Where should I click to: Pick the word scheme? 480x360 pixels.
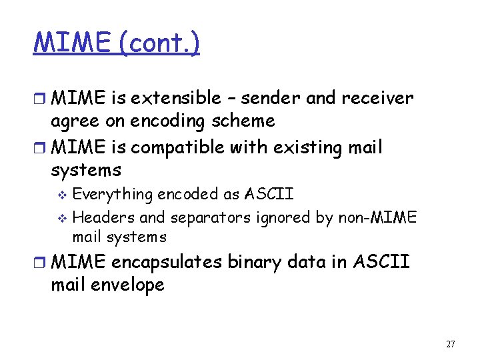243,121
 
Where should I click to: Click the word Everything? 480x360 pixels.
113,195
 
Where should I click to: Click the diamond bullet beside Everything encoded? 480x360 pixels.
64,195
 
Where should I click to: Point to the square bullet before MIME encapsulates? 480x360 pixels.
41,263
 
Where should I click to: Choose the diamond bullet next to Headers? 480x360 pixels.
64,218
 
